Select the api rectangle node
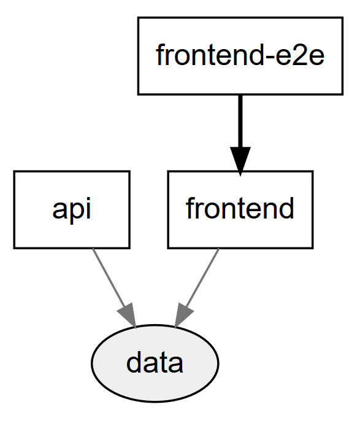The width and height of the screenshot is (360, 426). pos(71,209)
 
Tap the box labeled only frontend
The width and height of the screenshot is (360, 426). pos(240,209)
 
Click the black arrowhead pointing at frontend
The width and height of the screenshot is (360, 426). pos(240,161)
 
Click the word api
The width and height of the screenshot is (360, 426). pos(71,209)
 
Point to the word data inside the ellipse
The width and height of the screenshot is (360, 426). pos(155,363)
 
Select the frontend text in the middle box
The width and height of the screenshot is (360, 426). pos(240,209)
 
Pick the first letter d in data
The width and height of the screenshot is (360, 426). pos(134,363)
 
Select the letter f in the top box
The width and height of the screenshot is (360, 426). pos(159,55)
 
